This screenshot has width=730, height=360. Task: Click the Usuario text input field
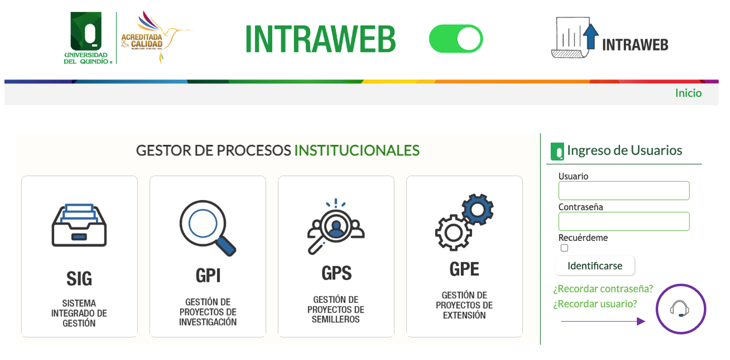[x=624, y=191]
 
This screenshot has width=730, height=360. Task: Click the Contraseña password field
[x=624, y=221]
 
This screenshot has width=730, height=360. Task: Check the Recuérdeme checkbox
[x=564, y=248]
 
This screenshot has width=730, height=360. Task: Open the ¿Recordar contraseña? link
[x=603, y=289]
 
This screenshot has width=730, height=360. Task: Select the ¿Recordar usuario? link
[x=595, y=304]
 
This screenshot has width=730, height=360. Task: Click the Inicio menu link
[x=688, y=93]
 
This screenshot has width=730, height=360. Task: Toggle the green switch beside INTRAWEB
[x=456, y=39]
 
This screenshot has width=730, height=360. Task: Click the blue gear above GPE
[x=477, y=210]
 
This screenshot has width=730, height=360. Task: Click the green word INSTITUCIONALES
[x=357, y=150]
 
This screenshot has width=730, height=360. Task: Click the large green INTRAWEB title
[x=320, y=39]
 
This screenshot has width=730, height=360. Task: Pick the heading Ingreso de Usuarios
[x=624, y=150]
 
